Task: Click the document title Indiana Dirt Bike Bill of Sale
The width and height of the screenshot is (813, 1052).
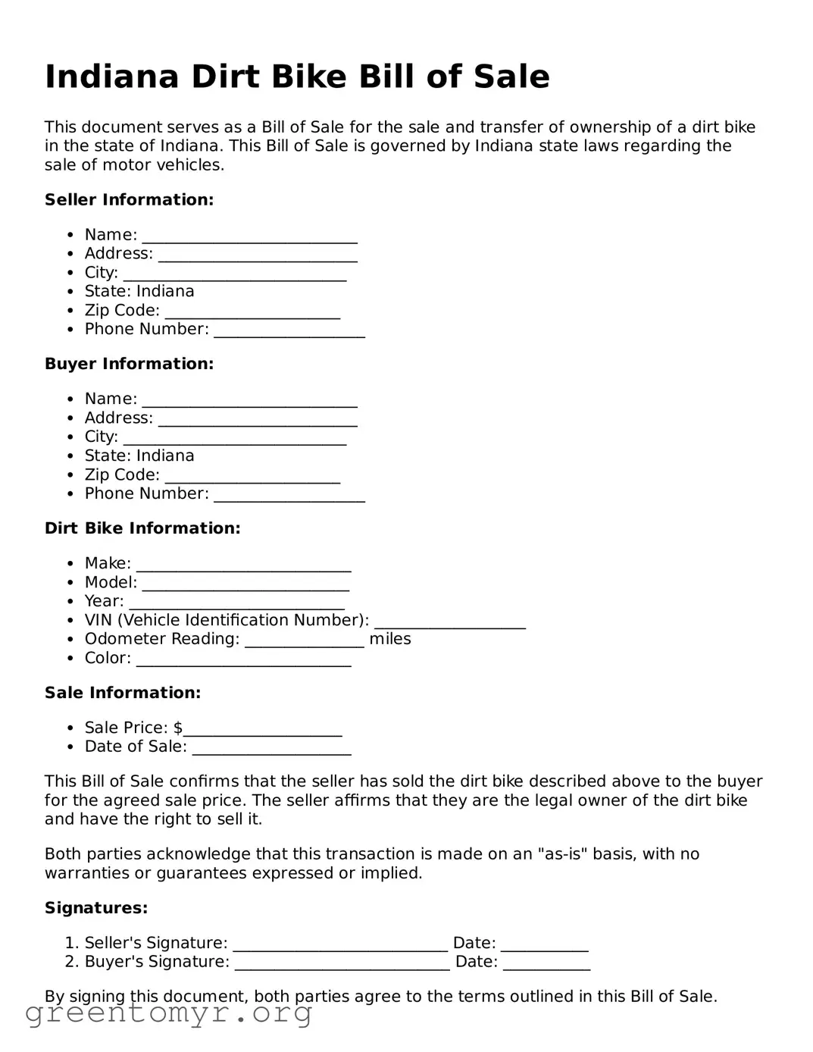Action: click(x=297, y=77)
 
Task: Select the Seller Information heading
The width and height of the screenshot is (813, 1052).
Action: click(x=129, y=199)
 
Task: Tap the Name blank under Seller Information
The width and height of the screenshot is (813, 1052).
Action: click(x=249, y=236)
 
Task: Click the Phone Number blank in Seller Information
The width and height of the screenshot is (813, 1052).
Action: click(x=289, y=330)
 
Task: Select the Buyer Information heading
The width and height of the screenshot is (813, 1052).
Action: click(x=129, y=364)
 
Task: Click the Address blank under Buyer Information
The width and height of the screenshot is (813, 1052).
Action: click(x=258, y=419)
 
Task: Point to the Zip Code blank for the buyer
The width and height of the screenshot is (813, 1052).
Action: click(x=252, y=476)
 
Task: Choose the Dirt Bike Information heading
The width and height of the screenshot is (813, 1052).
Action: click(x=142, y=528)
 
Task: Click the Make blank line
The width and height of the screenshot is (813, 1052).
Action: click(x=243, y=565)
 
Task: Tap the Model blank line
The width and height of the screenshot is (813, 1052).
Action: click(x=245, y=584)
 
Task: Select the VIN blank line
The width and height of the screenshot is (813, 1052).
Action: click(x=449, y=621)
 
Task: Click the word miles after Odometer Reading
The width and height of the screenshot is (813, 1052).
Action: click(x=390, y=639)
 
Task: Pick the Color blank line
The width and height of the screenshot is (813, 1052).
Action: click(x=243, y=659)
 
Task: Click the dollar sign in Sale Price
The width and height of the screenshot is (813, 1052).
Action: click(x=178, y=728)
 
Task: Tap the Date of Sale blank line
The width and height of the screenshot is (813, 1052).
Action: click(x=271, y=748)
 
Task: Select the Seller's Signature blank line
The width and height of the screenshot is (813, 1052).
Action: click(x=340, y=944)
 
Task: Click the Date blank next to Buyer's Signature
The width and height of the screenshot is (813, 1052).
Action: click(x=546, y=963)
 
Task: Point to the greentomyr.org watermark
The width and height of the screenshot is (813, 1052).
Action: click(x=168, y=1013)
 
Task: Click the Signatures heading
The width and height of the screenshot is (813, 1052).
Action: click(x=96, y=908)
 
